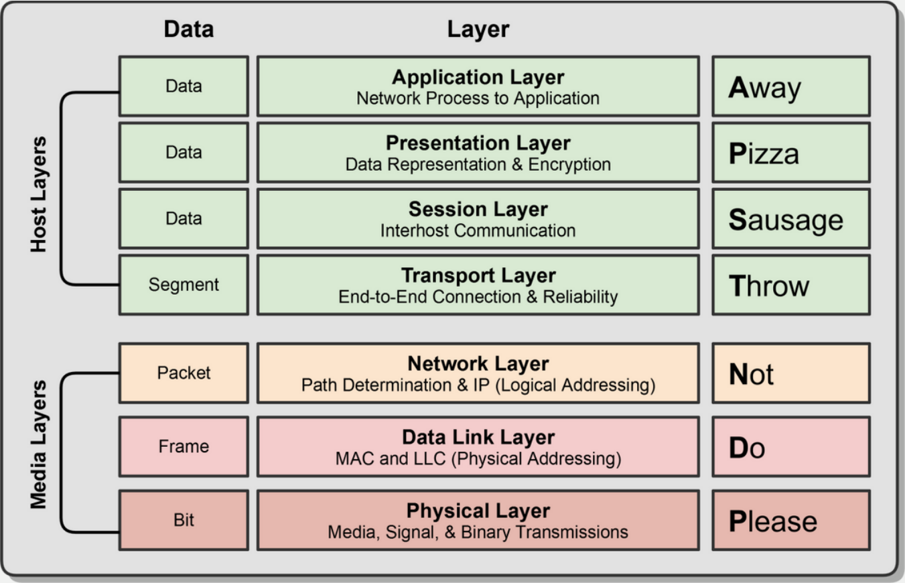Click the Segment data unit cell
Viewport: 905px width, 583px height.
point(184,285)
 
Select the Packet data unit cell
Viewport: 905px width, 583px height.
point(184,373)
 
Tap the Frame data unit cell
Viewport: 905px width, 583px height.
point(184,446)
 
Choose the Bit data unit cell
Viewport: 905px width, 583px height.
point(184,520)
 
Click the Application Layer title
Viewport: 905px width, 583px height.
point(478,77)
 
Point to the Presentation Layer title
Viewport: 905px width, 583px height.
point(478,143)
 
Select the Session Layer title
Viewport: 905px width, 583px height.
point(478,209)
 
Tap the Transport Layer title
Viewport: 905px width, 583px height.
point(478,275)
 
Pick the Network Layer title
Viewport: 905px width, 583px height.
point(478,363)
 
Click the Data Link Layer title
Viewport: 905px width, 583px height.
point(478,437)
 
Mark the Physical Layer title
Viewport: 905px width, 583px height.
point(478,511)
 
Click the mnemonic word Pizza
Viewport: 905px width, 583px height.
point(764,153)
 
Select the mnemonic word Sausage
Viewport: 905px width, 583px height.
point(786,220)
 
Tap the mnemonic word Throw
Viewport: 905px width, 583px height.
point(769,286)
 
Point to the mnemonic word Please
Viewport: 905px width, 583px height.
point(773,521)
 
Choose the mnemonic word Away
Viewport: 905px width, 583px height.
point(764,87)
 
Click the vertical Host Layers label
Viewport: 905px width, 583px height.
point(40,194)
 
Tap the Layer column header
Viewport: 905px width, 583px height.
point(478,29)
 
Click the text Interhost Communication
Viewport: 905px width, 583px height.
point(478,231)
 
